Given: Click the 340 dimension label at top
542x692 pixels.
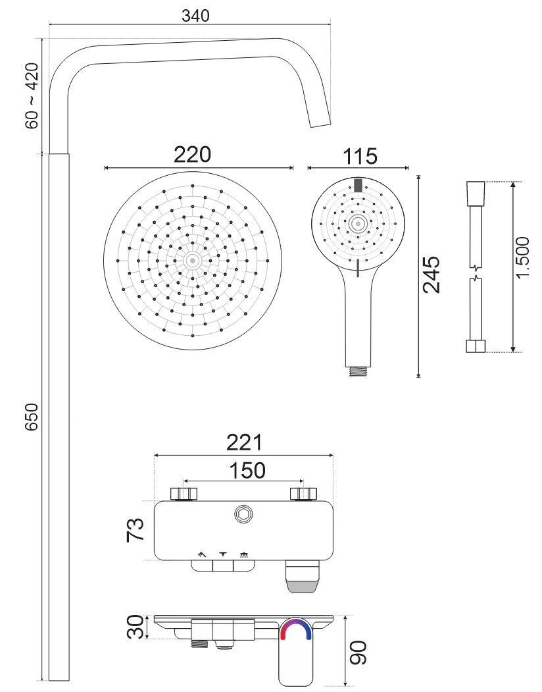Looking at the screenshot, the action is [x=195, y=15].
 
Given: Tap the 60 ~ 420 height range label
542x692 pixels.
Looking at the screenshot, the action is [x=32, y=95].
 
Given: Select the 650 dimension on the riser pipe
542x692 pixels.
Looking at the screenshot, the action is [x=32, y=416].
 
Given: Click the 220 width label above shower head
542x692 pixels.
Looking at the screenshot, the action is [x=192, y=155].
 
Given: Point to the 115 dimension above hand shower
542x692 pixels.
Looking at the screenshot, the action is [x=360, y=157].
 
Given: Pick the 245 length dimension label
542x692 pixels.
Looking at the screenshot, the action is [x=431, y=275].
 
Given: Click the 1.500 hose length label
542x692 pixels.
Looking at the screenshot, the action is [x=523, y=257].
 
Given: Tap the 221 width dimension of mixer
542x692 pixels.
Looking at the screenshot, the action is [x=244, y=442].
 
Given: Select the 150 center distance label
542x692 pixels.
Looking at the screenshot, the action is [x=247, y=471].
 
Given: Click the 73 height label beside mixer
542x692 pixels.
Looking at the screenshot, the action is [x=135, y=530].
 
